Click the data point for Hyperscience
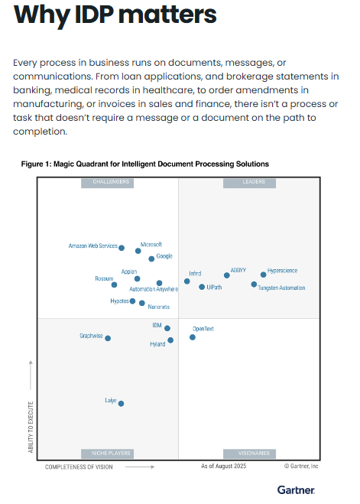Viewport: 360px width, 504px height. [x=264, y=275]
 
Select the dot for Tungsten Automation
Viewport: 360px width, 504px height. [x=254, y=285]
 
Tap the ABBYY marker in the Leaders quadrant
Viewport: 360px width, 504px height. [x=227, y=275]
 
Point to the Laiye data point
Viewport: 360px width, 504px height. [x=121, y=403]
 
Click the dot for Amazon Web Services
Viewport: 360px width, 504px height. [x=122, y=248]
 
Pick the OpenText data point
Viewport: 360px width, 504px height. [x=193, y=337]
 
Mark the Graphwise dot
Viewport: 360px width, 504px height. [x=108, y=338]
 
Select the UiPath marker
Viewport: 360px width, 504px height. [x=202, y=287]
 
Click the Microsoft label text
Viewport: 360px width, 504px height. [x=151, y=245]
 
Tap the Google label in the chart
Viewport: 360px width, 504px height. [x=164, y=256]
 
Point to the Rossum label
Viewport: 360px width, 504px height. [x=104, y=278]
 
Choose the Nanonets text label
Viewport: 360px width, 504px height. [x=159, y=307]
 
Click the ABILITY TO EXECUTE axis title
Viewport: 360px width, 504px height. [x=31, y=427]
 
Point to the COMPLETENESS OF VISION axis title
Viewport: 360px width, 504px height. [x=79, y=467]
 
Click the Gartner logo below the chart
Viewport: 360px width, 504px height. [x=296, y=490]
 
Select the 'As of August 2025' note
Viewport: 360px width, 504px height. [x=223, y=466]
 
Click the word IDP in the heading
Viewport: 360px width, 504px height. [x=94, y=15]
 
